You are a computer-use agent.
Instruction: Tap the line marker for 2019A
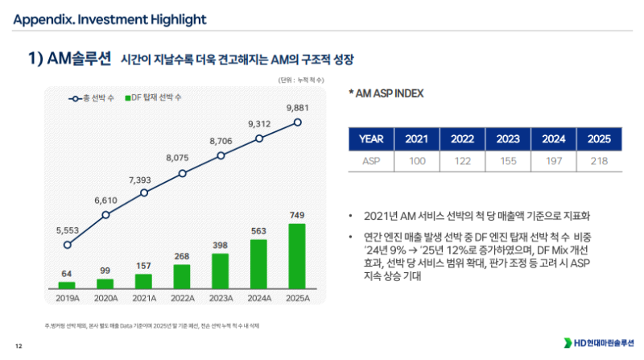pyautogui.click(x=67, y=245)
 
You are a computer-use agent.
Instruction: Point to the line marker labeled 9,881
pyautogui.click(x=298, y=122)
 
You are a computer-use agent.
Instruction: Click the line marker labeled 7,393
pyautogui.click(x=144, y=193)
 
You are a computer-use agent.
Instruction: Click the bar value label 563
pyautogui.click(x=259, y=230)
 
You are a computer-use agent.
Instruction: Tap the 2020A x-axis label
pyautogui.click(x=105, y=297)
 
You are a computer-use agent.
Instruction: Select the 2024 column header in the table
pyautogui.click(x=554, y=138)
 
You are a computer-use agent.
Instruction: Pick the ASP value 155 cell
pyautogui.click(x=508, y=160)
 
